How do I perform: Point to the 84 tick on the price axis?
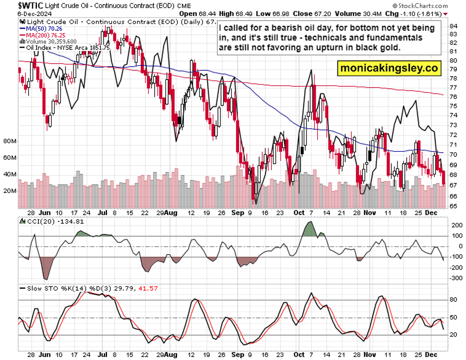click(453, 26)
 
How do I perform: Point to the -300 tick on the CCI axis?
click(456, 278)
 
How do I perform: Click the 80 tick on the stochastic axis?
click(453, 300)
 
